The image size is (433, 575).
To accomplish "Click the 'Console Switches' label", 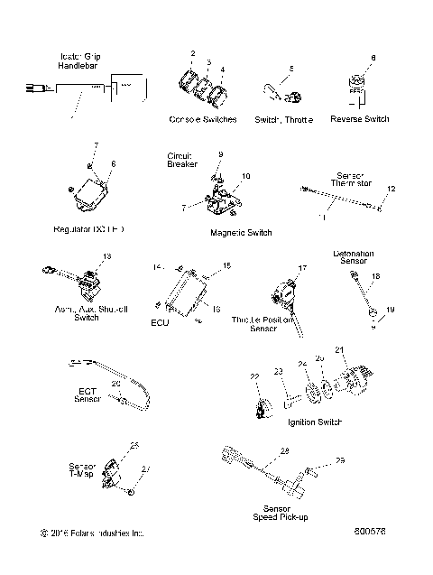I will pyautogui.click(x=202, y=119).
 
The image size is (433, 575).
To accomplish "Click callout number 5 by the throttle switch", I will pyautogui.click(x=290, y=69).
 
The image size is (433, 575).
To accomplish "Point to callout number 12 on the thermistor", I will pyautogui.click(x=391, y=188).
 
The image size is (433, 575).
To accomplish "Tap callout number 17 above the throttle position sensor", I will pyautogui.click(x=303, y=268).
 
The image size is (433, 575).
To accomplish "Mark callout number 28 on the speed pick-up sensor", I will pyautogui.click(x=284, y=450).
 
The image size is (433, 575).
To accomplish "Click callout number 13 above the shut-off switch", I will pyautogui.click(x=107, y=256).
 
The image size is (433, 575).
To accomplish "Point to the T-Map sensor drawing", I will pyautogui.click(x=111, y=472).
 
